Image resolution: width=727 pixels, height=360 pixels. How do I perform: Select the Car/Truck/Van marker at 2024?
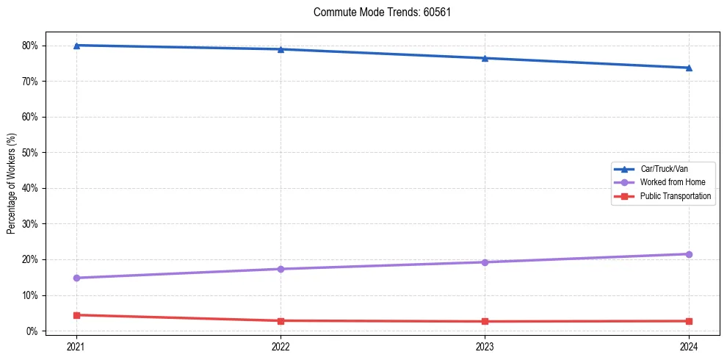pyautogui.click(x=689, y=68)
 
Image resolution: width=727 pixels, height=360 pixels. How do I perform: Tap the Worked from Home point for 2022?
pyautogui.click(x=281, y=269)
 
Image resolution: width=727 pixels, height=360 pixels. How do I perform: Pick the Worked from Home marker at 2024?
pyautogui.click(x=689, y=254)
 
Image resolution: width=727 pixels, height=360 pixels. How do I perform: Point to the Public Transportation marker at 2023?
pyautogui.click(x=485, y=321)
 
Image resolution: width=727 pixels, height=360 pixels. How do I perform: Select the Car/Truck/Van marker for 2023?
pyautogui.click(x=485, y=58)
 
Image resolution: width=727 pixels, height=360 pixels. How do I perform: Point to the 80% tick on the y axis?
pyautogui.click(x=30, y=46)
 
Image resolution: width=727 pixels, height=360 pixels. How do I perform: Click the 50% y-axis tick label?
pyautogui.click(x=30, y=153)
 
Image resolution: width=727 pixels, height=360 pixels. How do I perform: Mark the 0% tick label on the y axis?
pyautogui.click(x=32, y=331)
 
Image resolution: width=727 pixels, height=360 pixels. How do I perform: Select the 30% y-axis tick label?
pyautogui.click(x=30, y=224)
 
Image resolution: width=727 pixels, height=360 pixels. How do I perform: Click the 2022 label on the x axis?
pyautogui.click(x=281, y=345)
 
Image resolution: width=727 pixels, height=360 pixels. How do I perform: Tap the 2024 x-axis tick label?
pyautogui.click(x=689, y=345)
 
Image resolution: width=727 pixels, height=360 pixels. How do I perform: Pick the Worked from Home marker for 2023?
pyautogui.click(x=485, y=262)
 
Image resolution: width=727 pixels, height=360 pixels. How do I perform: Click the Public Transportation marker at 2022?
pyautogui.click(x=281, y=320)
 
